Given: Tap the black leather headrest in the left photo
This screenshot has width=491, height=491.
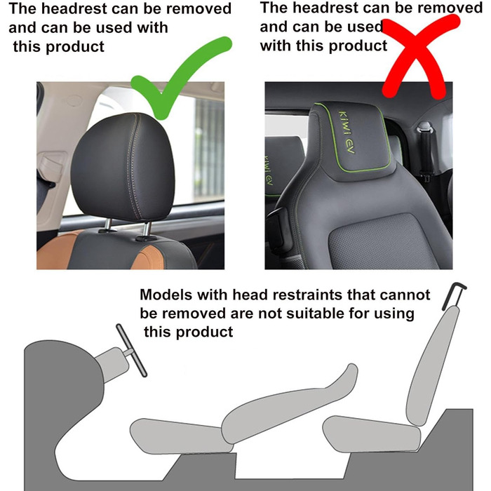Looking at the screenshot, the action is click(123, 168).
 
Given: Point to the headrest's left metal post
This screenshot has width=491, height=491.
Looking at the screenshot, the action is click(107, 225).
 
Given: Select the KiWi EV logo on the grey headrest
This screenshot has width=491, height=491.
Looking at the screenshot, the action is click(347, 132).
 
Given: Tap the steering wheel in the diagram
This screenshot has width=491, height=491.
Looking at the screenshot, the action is click(132, 350).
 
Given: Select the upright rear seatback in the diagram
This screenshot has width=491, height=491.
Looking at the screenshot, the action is click(433, 365).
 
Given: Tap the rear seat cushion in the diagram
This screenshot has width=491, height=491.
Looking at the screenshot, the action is click(372, 434).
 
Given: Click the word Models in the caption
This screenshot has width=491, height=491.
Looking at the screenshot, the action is click(166, 295).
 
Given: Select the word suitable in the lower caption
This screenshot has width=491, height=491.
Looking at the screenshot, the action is click(313, 313).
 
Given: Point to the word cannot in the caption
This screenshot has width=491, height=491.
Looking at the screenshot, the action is click(405, 295).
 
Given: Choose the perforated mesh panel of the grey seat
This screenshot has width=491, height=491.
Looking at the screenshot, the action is click(379, 241).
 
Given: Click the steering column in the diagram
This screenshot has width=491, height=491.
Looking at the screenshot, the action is click(113, 363).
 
